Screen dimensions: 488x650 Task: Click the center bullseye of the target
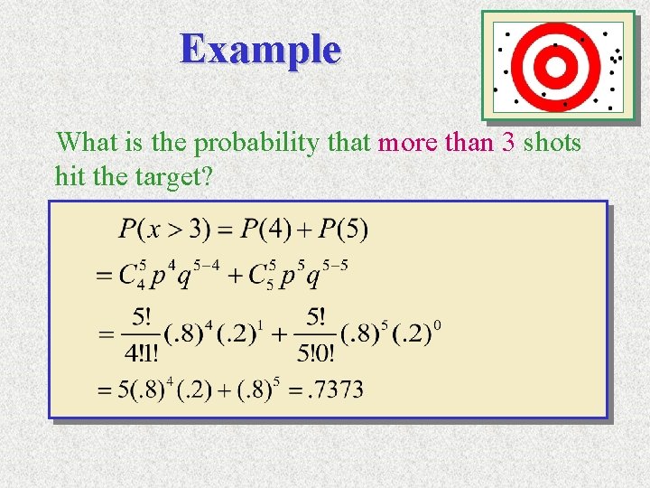557,65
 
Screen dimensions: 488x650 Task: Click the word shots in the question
552,143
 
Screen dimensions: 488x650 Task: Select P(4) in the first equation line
265,230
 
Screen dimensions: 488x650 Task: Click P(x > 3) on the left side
163,230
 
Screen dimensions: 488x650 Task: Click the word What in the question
85,143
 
